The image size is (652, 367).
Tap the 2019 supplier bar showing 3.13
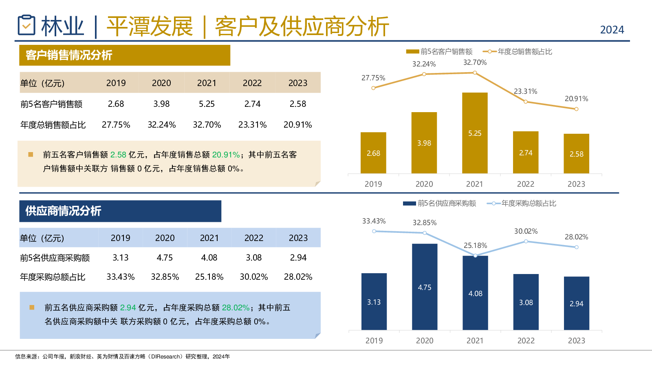point(374,301)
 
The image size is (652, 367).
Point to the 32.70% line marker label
point(475,62)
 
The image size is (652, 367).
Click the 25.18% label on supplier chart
point(475,245)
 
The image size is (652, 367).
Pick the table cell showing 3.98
point(161,104)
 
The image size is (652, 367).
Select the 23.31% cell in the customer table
point(252,125)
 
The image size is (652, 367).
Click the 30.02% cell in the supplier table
point(253,277)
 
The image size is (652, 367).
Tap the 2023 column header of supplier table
point(298,238)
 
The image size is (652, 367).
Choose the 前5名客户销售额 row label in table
point(51,104)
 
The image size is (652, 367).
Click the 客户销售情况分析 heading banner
point(125,55)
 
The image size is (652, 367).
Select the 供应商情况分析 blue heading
point(120,211)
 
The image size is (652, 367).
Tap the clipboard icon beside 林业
point(26,25)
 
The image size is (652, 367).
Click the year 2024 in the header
point(612,30)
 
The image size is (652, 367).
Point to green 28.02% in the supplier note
point(236,307)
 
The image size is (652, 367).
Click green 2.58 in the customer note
point(118,155)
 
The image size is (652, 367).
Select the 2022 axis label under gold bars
point(525,184)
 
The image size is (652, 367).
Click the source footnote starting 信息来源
point(122,356)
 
